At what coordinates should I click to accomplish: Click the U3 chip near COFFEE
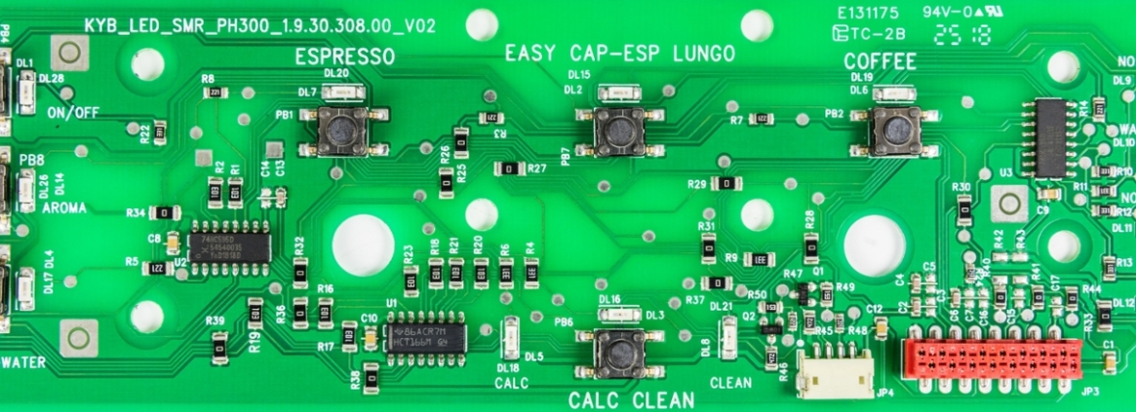[x=1049, y=136]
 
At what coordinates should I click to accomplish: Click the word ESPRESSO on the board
[x=345, y=58]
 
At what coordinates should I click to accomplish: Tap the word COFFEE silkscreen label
[x=880, y=62]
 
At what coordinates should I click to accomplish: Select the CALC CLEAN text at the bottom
[x=631, y=399]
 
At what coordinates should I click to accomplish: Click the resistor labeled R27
[x=507, y=168]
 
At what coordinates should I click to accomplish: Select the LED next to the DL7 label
[x=344, y=92]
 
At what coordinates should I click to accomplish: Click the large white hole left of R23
[x=363, y=244]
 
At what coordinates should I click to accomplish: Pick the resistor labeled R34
[x=166, y=212]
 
